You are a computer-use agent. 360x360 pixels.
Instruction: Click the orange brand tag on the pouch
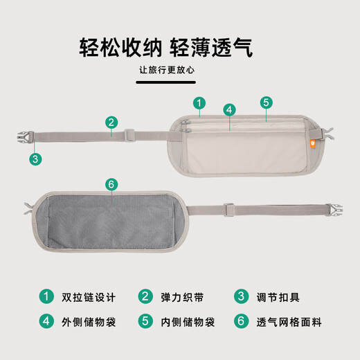(x=312, y=144)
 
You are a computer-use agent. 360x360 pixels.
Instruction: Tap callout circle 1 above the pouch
(x=199, y=103)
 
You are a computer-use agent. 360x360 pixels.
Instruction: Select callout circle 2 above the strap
(x=111, y=123)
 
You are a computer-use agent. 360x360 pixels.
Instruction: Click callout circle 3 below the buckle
(x=35, y=159)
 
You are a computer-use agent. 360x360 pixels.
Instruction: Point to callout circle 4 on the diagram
(x=229, y=109)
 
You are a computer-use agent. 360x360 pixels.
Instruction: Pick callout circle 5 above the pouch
(x=267, y=102)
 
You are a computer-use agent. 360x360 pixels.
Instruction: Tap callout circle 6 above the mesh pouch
(x=111, y=184)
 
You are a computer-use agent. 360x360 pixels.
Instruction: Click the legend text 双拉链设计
(x=89, y=297)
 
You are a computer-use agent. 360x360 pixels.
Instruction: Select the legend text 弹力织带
(x=182, y=297)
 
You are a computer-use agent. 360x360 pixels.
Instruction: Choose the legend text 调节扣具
(x=278, y=297)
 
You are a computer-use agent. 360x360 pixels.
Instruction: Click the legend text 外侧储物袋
(x=89, y=322)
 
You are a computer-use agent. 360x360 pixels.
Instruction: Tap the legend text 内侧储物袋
(x=188, y=322)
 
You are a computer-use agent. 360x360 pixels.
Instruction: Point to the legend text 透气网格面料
(x=289, y=322)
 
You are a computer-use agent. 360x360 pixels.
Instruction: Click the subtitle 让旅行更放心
(x=167, y=70)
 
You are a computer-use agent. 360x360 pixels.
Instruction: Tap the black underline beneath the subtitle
(x=166, y=82)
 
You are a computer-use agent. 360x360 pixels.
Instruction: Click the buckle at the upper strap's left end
(x=26, y=138)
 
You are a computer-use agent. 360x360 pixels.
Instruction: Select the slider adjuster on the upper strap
(x=129, y=136)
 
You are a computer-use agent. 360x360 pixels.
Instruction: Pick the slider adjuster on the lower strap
(x=229, y=210)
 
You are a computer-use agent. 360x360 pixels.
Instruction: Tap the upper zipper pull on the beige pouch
(x=186, y=122)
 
